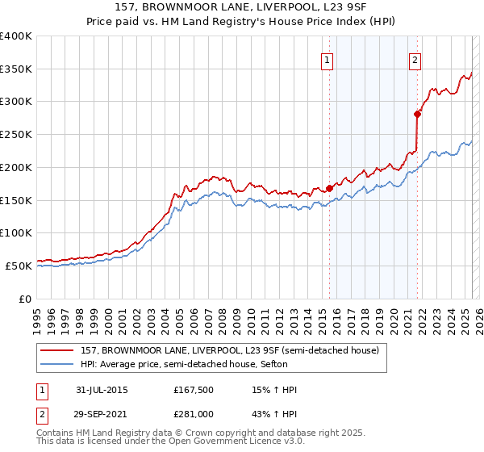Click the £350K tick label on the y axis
tap(16, 69)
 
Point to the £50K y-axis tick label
tap(19, 266)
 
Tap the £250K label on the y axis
tap(16, 135)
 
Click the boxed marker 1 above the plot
tap(328, 59)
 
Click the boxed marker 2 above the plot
tap(415, 59)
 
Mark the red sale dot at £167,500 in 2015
tap(329, 189)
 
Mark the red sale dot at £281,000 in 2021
tap(417, 115)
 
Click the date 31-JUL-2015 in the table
tap(102, 390)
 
